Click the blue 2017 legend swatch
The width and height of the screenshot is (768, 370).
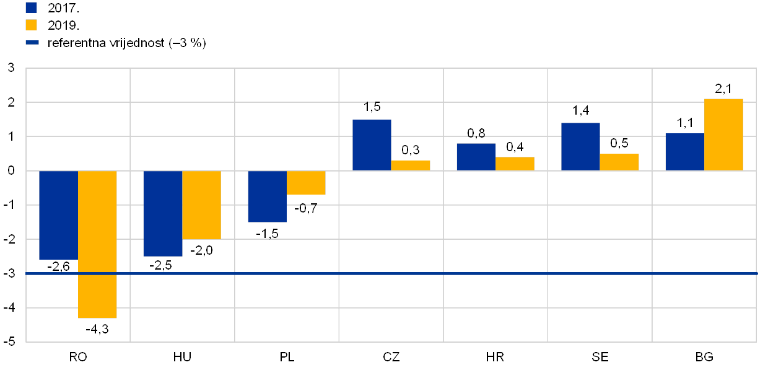[x=32, y=7]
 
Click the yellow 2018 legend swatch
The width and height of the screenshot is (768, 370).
[x=32, y=25]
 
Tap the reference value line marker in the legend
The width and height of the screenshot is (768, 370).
[x=32, y=43]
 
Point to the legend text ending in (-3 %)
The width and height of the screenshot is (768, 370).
[x=126, y=43]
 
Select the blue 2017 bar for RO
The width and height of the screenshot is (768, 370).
[x=58, y=214]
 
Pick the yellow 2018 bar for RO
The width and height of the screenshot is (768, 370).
[x=97, y=244]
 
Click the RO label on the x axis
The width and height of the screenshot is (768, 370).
[x=79, y=357]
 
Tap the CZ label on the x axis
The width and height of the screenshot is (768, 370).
[x=391, y=357]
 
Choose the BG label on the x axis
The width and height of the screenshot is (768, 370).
[x=705, y=357]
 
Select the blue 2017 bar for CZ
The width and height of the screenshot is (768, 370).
[x=372, y=145]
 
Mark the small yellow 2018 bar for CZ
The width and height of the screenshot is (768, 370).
[x=411, y=165]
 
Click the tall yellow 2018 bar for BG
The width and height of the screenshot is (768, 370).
[x=723, y=134]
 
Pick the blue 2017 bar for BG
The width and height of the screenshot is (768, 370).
[x=684, y=152]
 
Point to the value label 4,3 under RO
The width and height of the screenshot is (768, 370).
[x=99, y=329]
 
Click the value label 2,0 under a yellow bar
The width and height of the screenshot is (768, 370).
[x=203, y=250]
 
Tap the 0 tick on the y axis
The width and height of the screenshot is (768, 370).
[x=11, y=170]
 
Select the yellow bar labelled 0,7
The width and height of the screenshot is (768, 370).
[x=306, y=182]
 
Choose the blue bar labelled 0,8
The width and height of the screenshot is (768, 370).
[x=476, y=157]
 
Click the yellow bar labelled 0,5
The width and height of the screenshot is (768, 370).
[x=619, y=162]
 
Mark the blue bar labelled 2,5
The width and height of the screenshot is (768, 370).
[x=163, y=213]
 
